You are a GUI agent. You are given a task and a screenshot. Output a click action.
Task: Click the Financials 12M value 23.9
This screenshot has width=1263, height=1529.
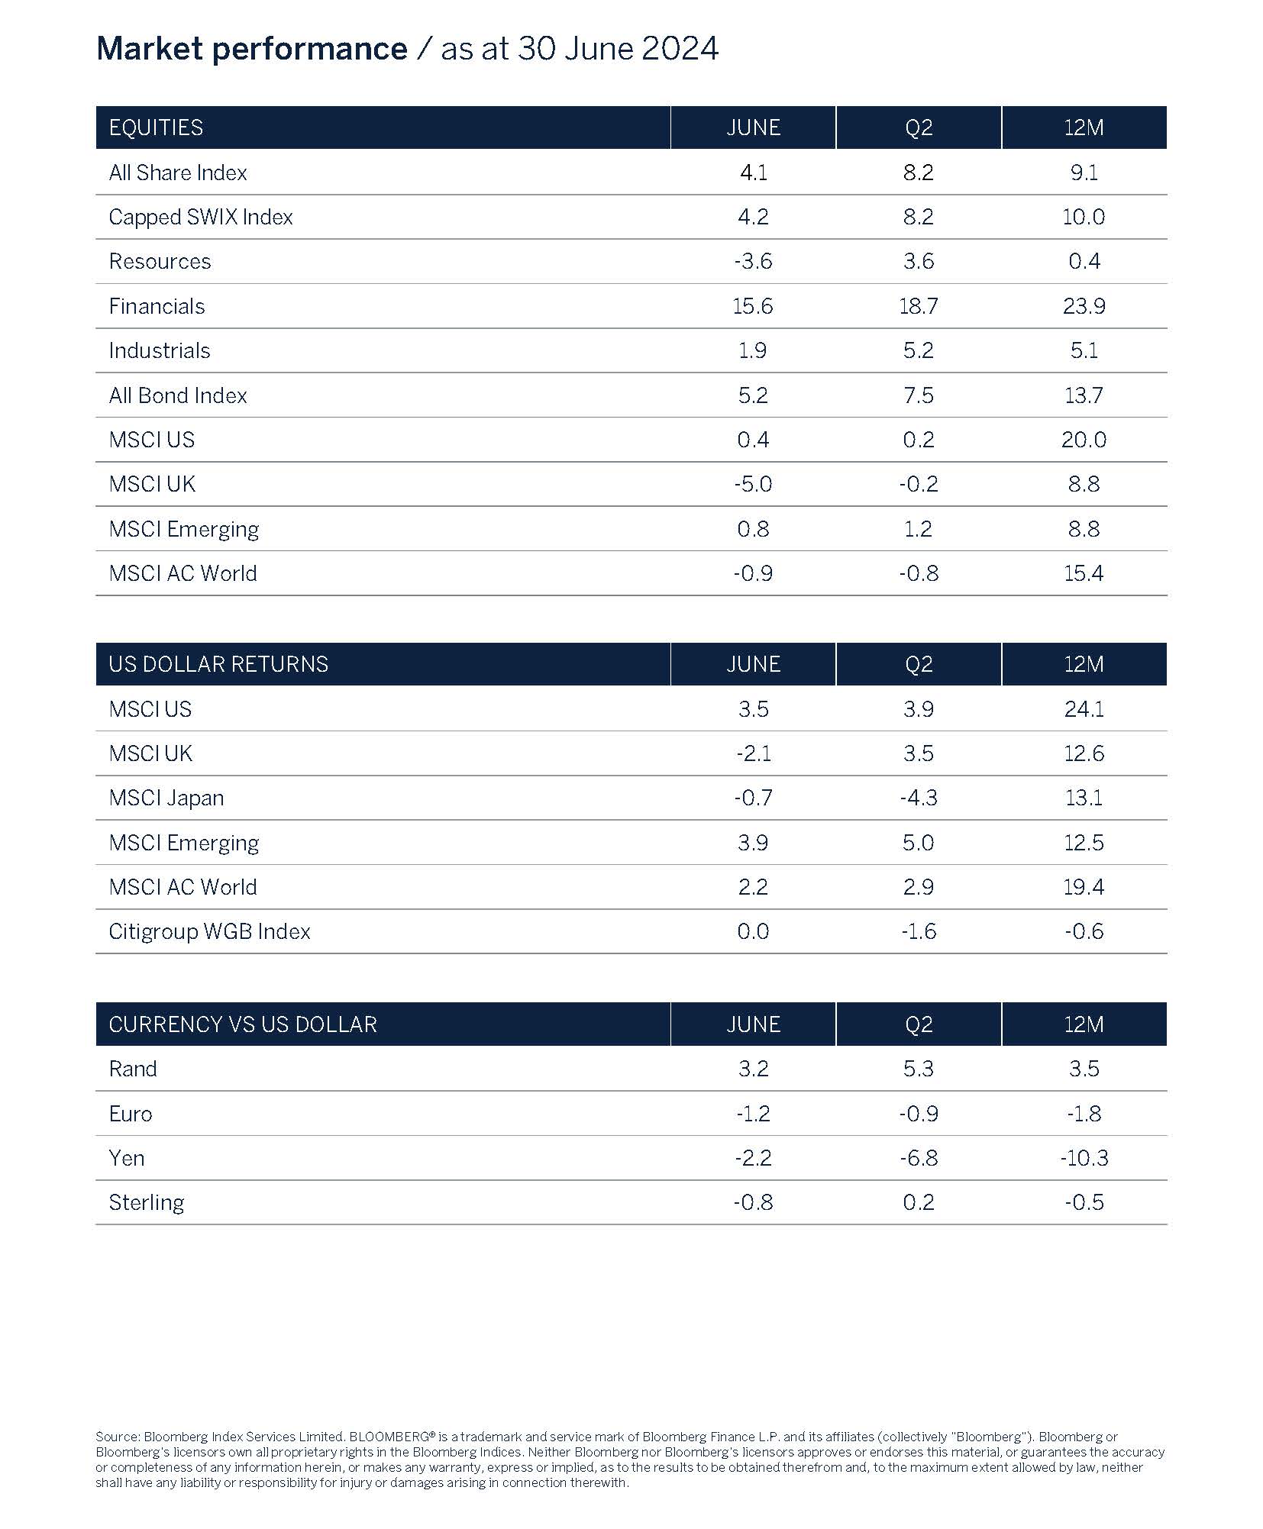[1083, 306]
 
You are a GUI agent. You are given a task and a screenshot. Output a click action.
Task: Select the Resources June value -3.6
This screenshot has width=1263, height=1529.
[752, 261]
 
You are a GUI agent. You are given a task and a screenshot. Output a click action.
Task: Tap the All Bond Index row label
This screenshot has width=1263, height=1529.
[178, 395]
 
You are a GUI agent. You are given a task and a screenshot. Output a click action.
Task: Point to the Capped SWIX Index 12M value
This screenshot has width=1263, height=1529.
[1083, 217]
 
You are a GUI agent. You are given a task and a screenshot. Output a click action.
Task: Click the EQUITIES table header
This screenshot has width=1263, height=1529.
[156, 127]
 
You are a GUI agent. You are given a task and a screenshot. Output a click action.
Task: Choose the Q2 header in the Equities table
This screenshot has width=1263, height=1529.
[918, 127]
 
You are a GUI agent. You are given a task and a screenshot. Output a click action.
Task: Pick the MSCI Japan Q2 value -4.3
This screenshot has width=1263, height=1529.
[918, 798]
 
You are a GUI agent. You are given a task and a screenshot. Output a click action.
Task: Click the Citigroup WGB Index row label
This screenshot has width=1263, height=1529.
[209, 931]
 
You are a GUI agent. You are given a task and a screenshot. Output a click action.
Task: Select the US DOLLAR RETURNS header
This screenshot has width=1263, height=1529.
[218, 664]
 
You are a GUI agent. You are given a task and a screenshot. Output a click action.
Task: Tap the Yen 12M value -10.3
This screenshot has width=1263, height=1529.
[1083, 1158]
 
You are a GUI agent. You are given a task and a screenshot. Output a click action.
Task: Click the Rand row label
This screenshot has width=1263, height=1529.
[133, 1069]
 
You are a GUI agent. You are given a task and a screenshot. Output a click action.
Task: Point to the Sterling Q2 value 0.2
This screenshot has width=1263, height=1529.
[918, 1202]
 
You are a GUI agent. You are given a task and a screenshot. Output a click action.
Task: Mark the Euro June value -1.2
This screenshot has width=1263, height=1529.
[752, 1114]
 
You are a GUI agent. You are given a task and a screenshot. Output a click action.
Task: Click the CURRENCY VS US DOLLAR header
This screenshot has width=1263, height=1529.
[243, 1024]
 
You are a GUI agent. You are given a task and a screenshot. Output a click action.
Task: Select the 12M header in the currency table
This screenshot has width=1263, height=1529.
[1083, 1024]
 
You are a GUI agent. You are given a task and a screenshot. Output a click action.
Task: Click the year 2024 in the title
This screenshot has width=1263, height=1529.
[680, 49]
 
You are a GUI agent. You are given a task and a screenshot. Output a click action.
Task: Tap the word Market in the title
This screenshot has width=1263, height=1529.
[150, 49]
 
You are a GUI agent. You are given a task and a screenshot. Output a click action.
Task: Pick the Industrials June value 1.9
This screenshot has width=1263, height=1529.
[752, 350]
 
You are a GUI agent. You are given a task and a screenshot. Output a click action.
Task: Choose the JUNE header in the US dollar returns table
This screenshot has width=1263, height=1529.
[753, 664]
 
